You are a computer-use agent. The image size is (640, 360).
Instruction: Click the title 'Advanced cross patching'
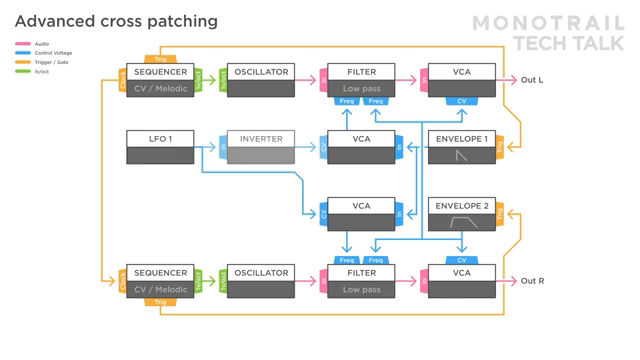[x=115, y=21]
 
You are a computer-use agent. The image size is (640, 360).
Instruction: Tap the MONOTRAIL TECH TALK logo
[x=561, y=32]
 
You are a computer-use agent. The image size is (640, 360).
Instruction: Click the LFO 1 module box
[x=160, y=147]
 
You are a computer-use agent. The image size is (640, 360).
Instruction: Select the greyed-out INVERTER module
[x=261, y=147]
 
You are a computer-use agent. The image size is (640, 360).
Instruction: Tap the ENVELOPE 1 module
[x=461, y=147]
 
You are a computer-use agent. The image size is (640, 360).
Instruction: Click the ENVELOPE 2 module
[x=461, y=214]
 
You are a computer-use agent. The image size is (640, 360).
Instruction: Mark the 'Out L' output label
[x=532, y=80]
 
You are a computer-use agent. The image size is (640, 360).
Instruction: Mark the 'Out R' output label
[x=532, y=281]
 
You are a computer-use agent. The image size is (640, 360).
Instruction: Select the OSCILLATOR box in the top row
[x=261, y=80]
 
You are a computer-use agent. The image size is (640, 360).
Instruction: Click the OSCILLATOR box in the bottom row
[x=261, y=281]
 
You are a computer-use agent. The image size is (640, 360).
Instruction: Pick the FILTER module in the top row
[x=361, y=80]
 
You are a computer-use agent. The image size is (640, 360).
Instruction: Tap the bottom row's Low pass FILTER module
[x=361, y=281]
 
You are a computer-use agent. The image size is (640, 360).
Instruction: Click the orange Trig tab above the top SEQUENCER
[x=160, y=60]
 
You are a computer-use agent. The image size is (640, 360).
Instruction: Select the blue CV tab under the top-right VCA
[x=461, y=101]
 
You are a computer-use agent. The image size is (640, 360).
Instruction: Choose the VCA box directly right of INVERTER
[x=361, y=147]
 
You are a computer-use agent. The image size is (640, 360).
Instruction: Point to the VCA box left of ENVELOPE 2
[x=361, y=214]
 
